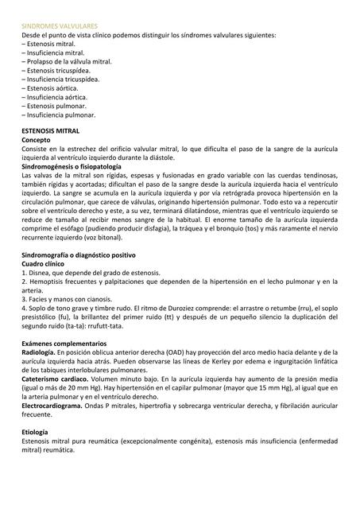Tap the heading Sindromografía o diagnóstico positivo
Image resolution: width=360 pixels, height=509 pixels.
coord(79,254)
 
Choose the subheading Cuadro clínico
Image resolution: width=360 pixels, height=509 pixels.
coord(44,263)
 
